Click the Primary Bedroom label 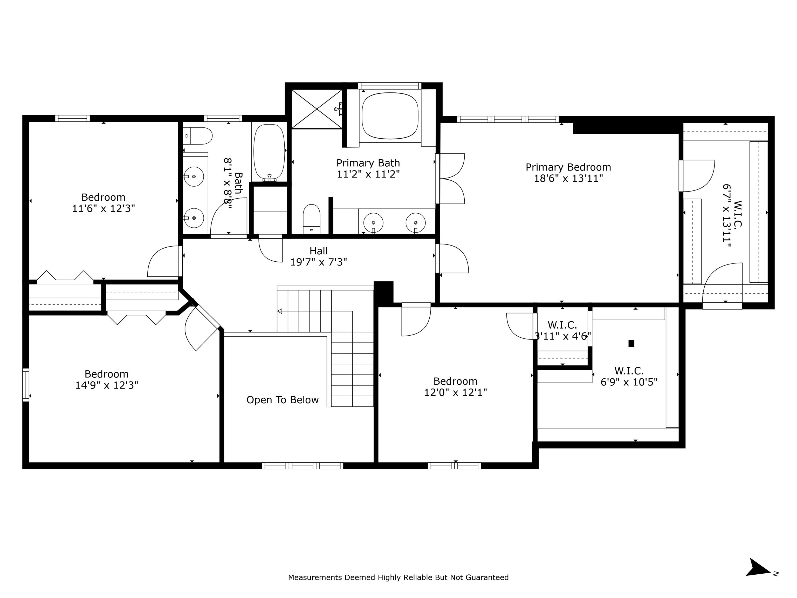[568, 167]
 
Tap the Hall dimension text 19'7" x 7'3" [319, 262]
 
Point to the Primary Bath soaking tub [390, 116]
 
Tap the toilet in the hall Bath [197, 136]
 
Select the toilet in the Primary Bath [311, 219]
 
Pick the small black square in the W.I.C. [631, 344]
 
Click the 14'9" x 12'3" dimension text [107, 385]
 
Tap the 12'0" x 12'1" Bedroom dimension [455, 392]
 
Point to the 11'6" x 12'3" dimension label [104, 208]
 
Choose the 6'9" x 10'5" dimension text [629, 382]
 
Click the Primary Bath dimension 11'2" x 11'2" [368, 174]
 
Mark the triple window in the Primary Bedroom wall [508, 119]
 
